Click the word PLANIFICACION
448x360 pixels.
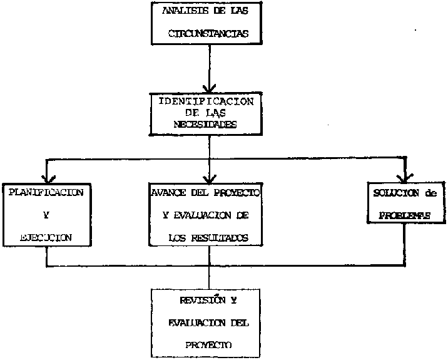tap(46, 192)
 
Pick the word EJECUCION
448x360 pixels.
tap(46, 237)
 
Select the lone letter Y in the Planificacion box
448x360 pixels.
tap(46, 215)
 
